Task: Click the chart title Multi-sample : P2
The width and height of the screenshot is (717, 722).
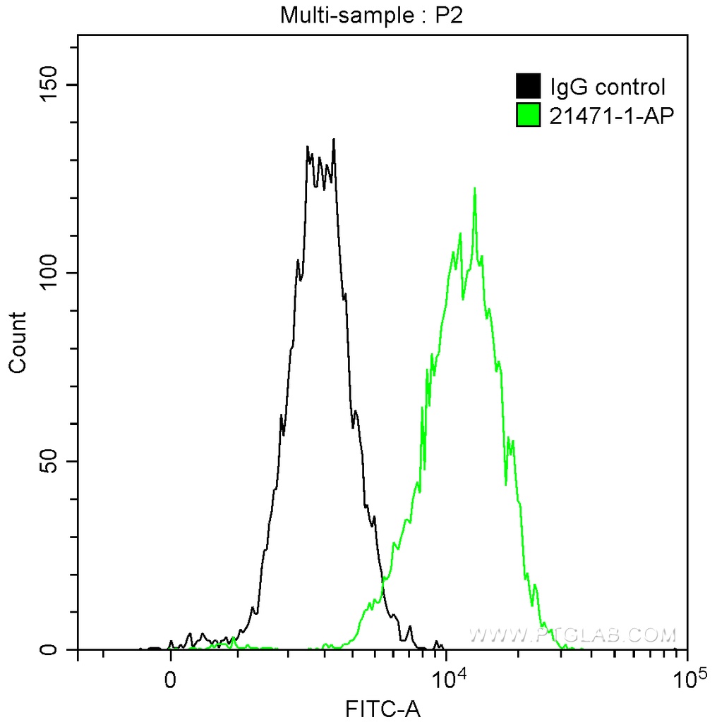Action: tap(371, 15)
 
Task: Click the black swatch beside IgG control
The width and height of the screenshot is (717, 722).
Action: tap(529, 87)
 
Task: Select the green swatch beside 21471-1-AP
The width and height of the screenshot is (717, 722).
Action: tap(529, 116)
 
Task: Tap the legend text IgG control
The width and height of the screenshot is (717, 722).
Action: tap(608, 87)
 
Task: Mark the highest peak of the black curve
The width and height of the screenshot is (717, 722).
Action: tap(333, 140)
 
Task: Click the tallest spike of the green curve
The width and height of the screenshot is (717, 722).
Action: tap(475, 188)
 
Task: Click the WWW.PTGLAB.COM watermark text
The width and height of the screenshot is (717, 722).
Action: tap(572, 636)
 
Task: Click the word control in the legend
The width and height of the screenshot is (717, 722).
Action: tap(630, 87)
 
